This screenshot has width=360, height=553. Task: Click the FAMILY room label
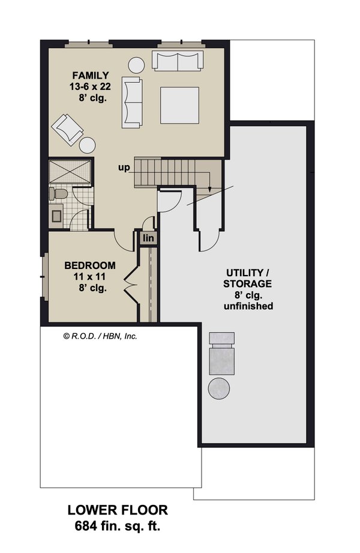point(90,75)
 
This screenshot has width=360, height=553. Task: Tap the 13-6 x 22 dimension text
point(90,86)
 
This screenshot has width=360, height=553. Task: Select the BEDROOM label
point(90,265)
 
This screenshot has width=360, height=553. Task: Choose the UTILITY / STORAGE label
point(248,277)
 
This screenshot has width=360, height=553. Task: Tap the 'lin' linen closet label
point(148,238)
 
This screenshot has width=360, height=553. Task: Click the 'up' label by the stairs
point(124,168)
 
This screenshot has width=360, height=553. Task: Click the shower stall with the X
point(68,171)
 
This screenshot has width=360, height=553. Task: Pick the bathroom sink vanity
point(57,214)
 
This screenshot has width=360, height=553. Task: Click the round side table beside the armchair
point(88,145)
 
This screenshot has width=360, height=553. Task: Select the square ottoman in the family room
point(179,105)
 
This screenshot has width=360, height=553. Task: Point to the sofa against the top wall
point(177,61)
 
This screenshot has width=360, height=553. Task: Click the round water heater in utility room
point(220,387)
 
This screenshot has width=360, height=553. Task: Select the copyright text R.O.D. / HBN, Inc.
point(100,336)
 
